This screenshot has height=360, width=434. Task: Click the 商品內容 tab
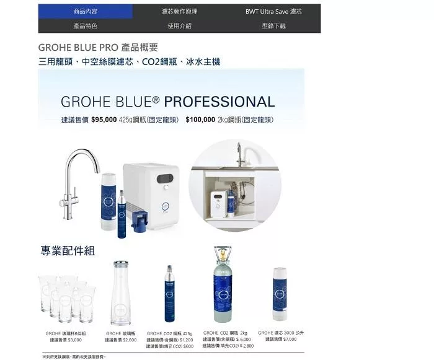85,11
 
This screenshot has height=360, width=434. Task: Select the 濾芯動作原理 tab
179,11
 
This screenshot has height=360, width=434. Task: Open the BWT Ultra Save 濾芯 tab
273,11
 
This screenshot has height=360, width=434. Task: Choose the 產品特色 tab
85,26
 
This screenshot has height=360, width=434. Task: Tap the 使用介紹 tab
179,26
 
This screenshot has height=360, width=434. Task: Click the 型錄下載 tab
273,26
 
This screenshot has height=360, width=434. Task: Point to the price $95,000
104,120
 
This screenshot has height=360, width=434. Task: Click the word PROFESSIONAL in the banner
219,102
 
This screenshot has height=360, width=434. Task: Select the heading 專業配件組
68,250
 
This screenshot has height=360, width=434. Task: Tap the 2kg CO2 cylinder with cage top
223,284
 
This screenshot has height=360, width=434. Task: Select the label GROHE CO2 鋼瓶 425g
170,333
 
